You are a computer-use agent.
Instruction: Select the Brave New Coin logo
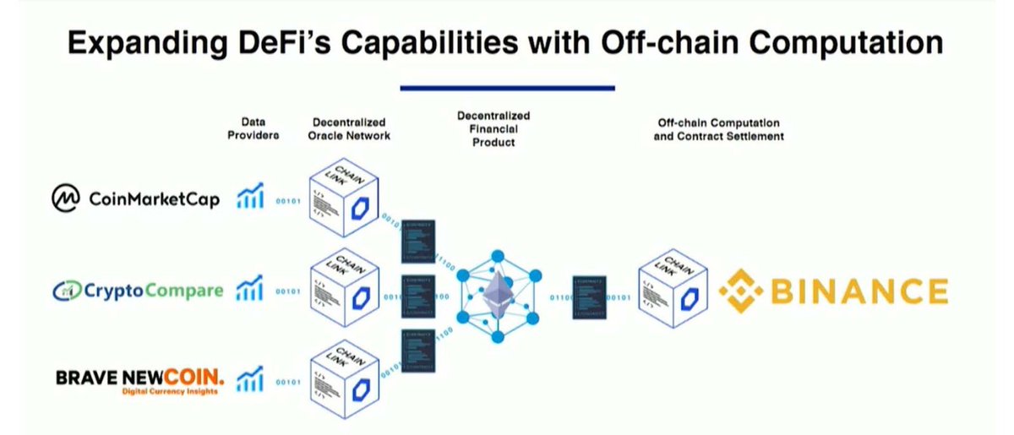[x=140, y=381]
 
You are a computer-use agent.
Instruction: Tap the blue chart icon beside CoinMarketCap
[x=249, y=198]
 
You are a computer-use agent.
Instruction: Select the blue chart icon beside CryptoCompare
[x=249, y=290]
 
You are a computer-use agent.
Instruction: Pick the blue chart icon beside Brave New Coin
[x=249, y=379]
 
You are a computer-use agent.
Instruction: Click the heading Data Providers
[x=253, y=128]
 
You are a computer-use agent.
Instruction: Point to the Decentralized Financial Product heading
[x=496, y=128]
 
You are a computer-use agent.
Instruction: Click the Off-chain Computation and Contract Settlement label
[x=718, y=129]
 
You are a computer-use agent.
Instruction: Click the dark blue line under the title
[x=507, y=87]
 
